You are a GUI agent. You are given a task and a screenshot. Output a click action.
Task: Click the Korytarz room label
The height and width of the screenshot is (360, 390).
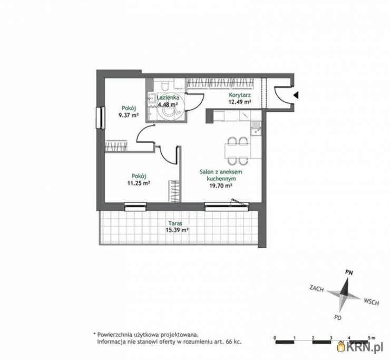click(240, 95)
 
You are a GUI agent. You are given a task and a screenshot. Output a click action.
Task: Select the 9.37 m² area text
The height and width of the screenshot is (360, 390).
click(129, 115)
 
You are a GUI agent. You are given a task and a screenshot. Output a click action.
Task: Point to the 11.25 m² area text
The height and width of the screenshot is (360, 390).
click(138, 183)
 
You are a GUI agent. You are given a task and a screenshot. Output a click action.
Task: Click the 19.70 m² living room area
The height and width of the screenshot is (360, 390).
click(221, 186)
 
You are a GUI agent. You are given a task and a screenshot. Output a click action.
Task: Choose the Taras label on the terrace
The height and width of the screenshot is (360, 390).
click(175, 223)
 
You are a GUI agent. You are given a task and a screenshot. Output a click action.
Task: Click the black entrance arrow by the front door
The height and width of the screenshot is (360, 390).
click(296, 95)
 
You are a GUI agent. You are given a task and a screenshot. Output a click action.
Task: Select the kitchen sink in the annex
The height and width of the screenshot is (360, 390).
click(256, 129)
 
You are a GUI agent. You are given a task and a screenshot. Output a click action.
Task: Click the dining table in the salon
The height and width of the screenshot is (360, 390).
click(237, 151)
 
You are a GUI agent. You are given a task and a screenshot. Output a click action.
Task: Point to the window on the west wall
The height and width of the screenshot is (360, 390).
click(101, 118)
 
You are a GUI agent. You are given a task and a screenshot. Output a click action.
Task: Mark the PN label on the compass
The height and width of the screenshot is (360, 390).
click(349, 273)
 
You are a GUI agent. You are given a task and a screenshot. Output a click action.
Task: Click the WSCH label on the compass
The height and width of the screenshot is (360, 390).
click(372, 301)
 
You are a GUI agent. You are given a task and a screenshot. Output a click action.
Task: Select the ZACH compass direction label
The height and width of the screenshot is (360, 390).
click(317, 288)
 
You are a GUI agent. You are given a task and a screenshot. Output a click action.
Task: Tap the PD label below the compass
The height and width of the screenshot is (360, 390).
click(338, 317)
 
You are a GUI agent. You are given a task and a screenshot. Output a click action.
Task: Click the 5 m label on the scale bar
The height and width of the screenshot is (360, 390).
click(372, 338)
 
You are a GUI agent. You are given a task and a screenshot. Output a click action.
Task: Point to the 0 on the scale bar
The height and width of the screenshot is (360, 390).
click(275, 338)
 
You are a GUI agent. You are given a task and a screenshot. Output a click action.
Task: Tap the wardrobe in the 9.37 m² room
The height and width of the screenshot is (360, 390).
click(116, 146)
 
